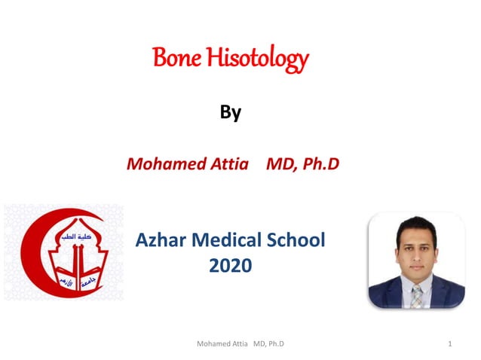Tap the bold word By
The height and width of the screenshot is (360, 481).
coord(230,113)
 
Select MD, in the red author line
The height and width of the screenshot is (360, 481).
coord(280,163)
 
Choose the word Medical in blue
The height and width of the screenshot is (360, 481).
coord(231,241)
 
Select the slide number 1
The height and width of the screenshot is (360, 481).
coord(449,344)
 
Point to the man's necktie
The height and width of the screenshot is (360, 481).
coord(416,294)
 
